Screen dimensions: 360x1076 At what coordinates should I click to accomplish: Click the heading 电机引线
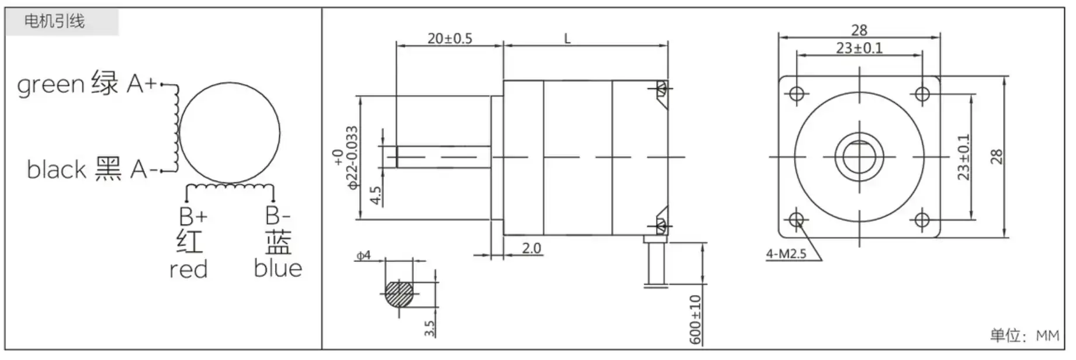point(54,22)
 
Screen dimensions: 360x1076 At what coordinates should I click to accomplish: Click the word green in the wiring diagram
point(51,85)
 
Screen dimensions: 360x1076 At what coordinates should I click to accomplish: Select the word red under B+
point(188,269)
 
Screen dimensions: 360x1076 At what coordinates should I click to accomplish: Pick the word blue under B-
point(277,268)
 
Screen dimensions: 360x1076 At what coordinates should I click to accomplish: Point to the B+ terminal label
point(193,217)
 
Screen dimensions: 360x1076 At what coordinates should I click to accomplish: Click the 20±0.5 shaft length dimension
point(449,39)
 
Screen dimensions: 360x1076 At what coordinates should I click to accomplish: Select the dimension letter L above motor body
point(567,39)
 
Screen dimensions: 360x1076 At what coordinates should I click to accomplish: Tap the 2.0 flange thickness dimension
point(531,248)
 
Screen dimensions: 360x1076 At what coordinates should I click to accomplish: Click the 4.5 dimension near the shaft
point(376,195)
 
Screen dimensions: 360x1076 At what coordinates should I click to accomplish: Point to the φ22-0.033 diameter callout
point(352,158)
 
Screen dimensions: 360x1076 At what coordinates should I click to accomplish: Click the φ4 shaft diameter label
point(363,256)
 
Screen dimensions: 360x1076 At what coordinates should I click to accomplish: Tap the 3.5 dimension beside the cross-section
point(429,328)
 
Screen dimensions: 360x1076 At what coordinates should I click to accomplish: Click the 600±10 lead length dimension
point(695,319)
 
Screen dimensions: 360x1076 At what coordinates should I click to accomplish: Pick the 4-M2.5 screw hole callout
point(786,254)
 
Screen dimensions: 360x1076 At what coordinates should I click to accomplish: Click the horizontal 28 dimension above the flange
point(859,30)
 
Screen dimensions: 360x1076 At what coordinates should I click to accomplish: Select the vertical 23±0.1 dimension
point(963,157)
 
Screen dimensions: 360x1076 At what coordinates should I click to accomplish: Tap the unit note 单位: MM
point(1023,335)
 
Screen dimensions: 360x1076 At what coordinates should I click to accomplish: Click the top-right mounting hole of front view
point(922,94)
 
